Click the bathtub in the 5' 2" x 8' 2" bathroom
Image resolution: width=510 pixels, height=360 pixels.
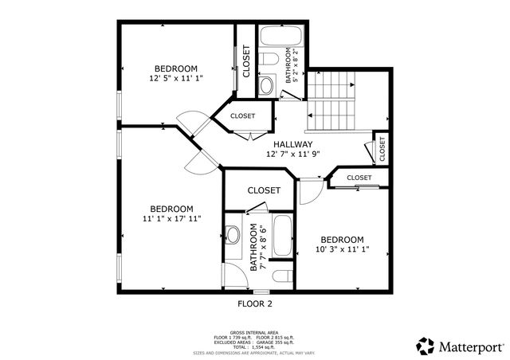[x=280, y=37]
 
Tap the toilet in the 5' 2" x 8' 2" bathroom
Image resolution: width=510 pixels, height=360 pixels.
[x=270, y=60]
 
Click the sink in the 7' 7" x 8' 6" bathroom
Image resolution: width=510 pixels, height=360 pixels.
[x=233, y=234]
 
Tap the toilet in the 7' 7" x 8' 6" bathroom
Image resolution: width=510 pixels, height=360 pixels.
[x=280, y=276]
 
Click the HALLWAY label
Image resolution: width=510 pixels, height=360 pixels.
[x=293, y=144]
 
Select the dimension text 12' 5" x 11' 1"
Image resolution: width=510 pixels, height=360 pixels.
[x=176, y=79]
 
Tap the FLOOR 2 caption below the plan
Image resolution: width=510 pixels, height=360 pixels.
[x=255, y=303]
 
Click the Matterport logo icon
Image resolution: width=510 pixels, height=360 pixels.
[x=424, y=346]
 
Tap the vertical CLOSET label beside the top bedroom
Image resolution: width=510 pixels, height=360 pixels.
[x=246, y=61]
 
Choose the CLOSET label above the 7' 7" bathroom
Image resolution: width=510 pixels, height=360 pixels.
[x=263, y=190]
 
